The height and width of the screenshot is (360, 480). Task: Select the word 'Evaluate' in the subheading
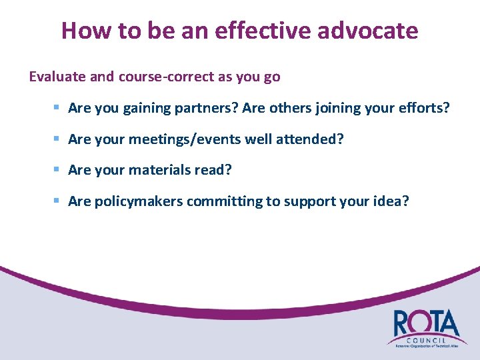57,77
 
